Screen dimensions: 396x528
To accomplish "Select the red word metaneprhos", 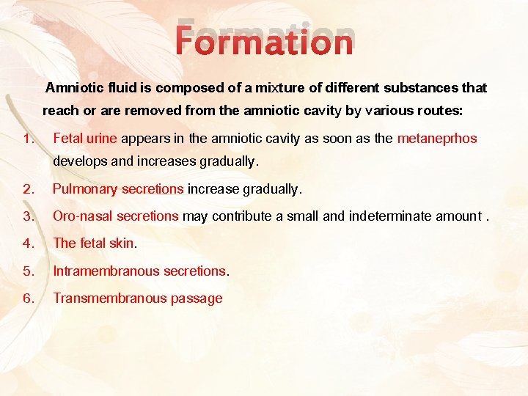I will tap(437, 139).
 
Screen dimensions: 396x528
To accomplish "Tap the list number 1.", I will tap(27, 139).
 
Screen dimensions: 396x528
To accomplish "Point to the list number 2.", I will tap(28, 189).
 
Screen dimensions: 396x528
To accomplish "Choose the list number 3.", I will tap(28, 216).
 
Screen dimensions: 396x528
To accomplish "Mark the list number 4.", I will tap(28, 243).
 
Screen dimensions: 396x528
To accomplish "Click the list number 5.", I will tap(28, 271).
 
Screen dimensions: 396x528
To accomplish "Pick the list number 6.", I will tap(28, 298).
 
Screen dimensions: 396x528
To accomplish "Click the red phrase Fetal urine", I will tap(85, 139).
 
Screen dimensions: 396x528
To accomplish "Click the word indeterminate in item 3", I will tap(391, 216).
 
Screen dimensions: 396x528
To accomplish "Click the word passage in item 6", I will tap(196, 298).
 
